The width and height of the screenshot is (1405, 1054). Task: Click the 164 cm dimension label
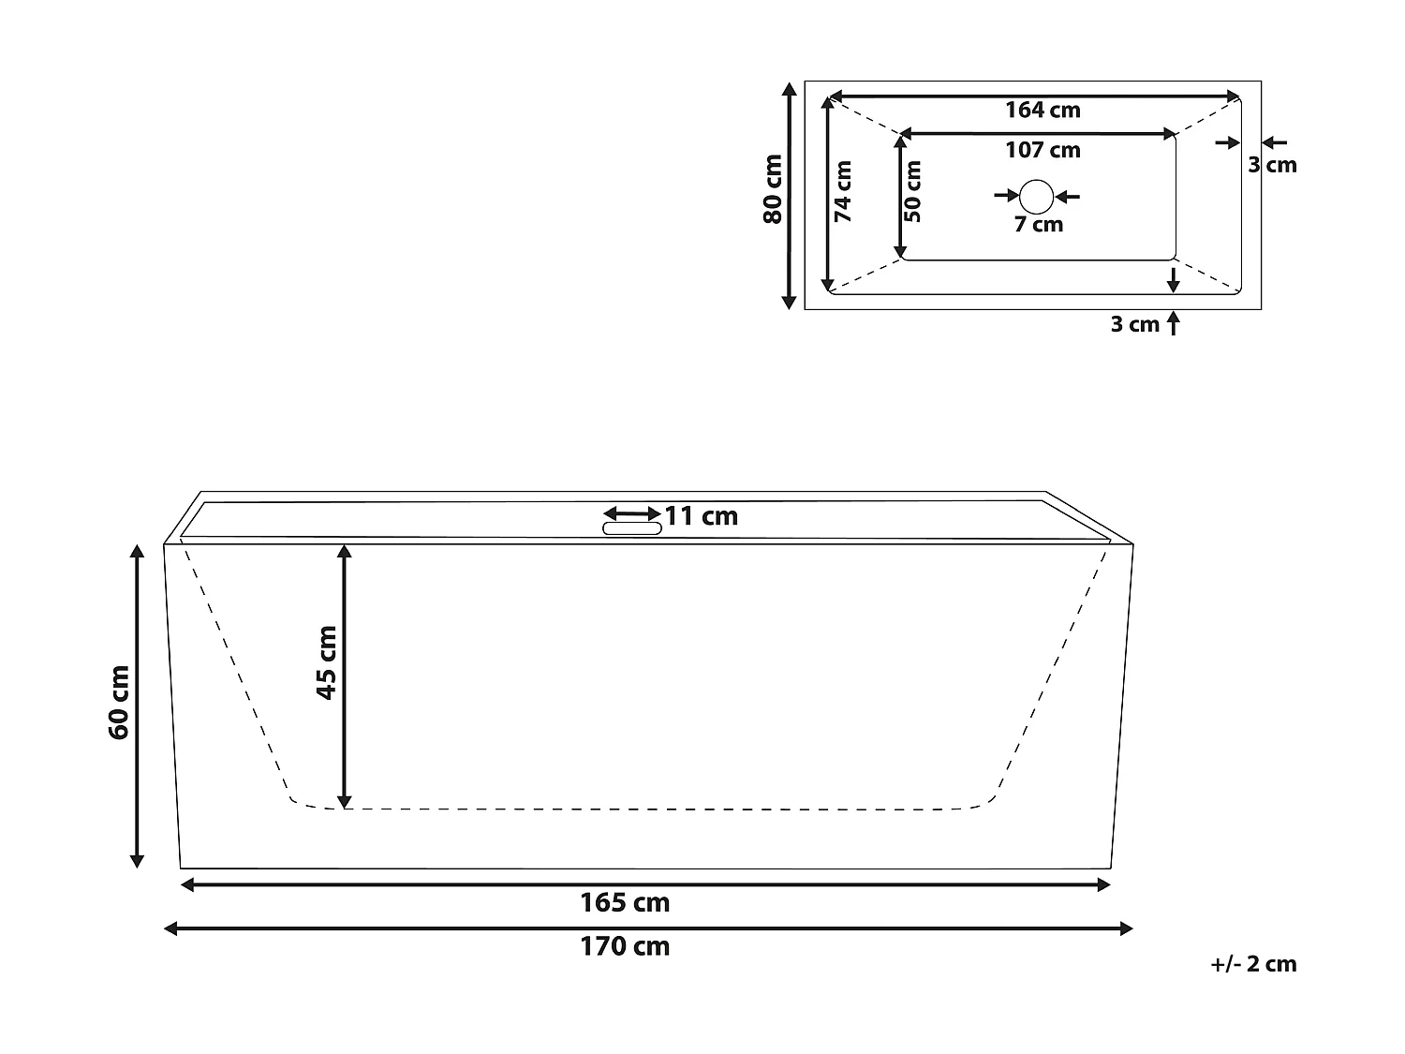[1043, 110]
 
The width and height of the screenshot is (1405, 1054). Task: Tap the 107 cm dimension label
[1043, 150]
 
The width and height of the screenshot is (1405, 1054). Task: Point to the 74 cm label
[843, 191]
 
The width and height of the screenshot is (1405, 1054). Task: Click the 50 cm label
[913, 191]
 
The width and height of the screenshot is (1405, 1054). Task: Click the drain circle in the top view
[1037, 196]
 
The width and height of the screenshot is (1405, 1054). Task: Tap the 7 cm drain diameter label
[1039, 225]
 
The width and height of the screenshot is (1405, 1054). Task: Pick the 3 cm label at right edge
[1272, 165]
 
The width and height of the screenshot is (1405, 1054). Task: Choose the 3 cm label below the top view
[1134, 324]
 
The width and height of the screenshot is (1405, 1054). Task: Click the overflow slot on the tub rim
[631, 528]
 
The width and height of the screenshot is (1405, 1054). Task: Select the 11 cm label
[702, 516]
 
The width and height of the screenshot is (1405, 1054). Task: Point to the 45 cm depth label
[326, 661]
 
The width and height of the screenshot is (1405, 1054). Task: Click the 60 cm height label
[119, 702]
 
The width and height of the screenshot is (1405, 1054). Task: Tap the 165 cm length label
[625, 903]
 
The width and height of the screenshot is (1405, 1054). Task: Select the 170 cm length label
[625, 946]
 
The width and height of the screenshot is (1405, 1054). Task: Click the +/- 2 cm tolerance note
[1253, 964]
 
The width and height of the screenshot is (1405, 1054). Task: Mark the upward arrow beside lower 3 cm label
[1174, 323]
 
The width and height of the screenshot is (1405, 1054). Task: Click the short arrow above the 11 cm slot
[632, 513]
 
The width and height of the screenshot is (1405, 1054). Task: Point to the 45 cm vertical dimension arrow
[345, 675]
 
